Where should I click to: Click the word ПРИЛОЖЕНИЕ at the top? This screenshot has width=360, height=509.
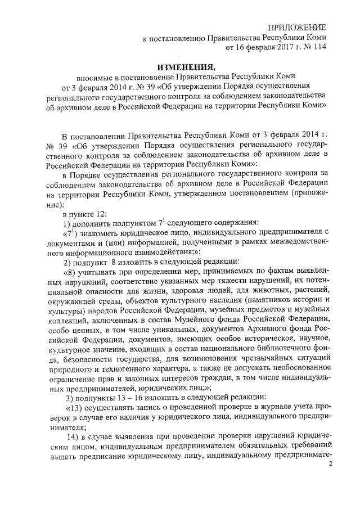tap(296, 28)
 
